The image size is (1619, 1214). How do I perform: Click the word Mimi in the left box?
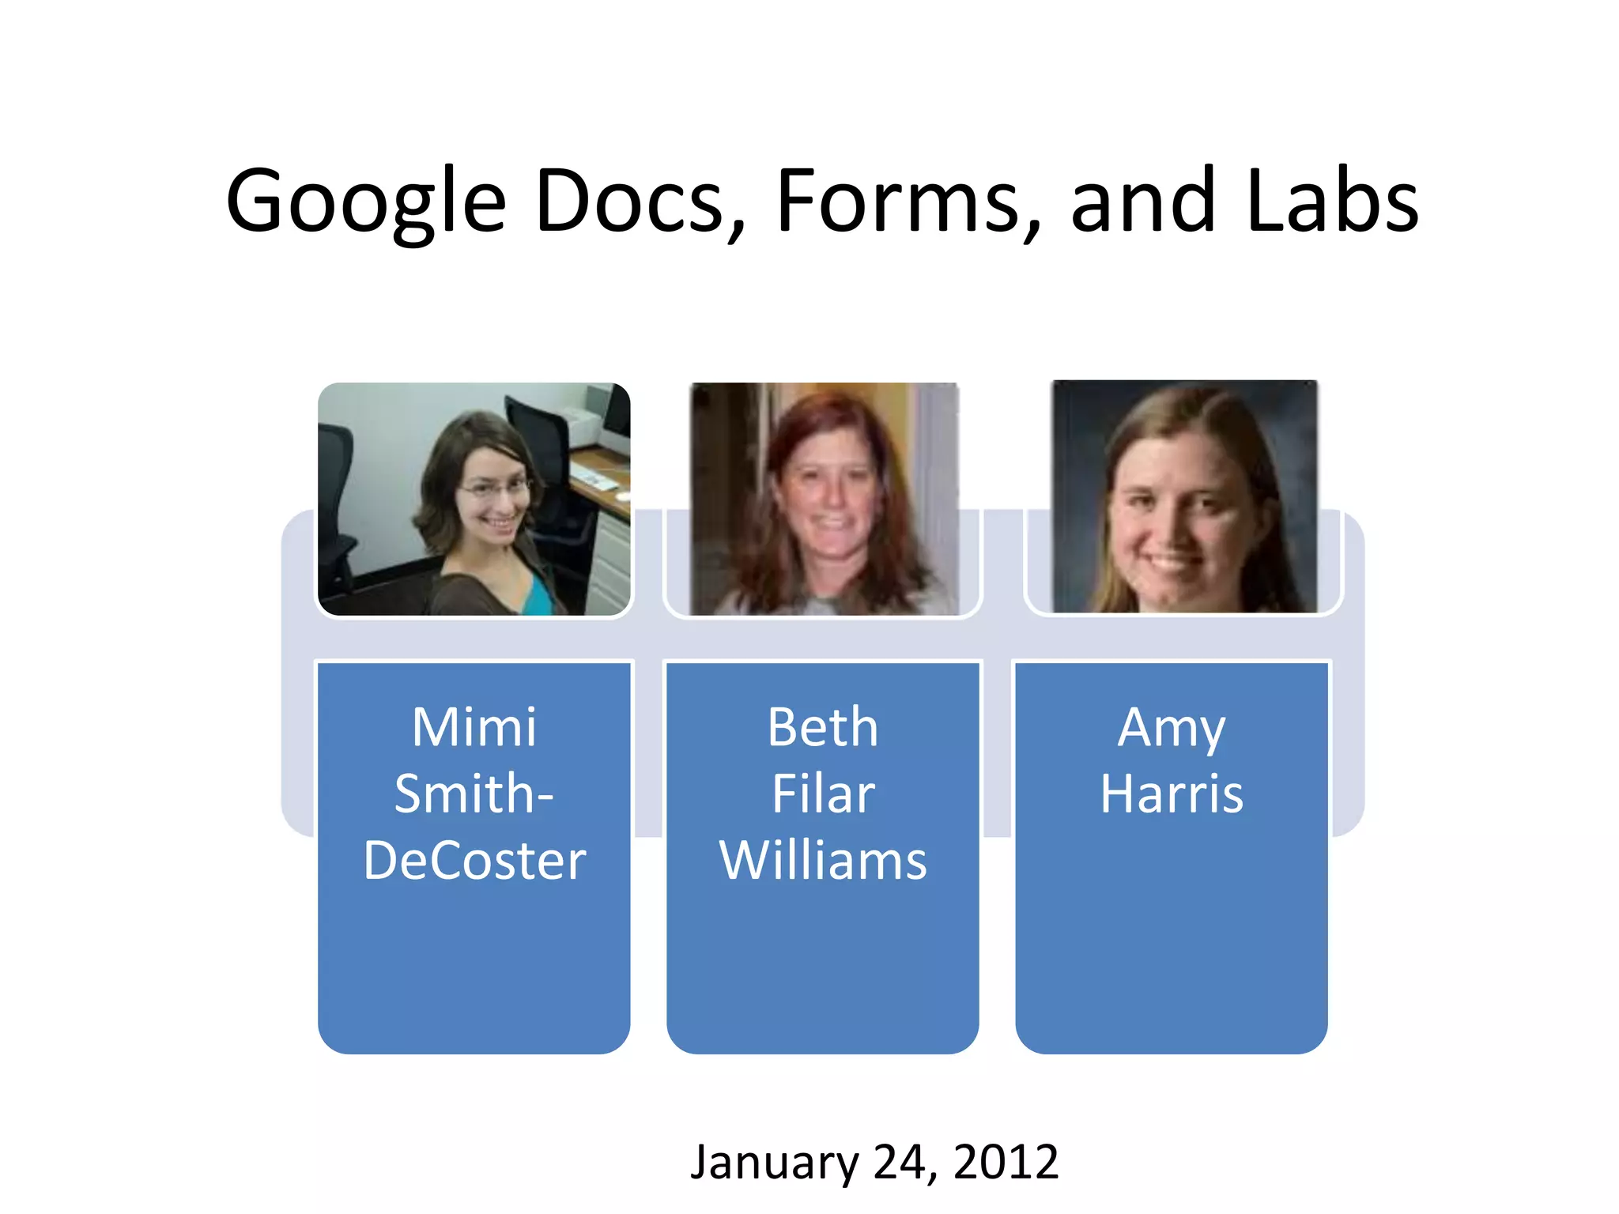coord(474,727)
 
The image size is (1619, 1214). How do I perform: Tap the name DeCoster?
coord(474,860)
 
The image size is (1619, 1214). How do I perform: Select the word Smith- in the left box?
coord(474,794)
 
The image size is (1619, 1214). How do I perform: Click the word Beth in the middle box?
coord(822,727)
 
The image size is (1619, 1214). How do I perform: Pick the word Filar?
coord(823,794)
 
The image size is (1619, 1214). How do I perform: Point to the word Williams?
coord(823,860)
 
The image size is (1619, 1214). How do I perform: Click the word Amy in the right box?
coord(1172,729)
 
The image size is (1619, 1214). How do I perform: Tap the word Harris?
coord(1172,794)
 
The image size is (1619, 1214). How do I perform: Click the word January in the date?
coord(774,1163)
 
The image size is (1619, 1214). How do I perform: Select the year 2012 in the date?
coord(1006,1161)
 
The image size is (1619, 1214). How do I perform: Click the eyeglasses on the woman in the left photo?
coord(494,488)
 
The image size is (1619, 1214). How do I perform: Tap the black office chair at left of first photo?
coord(336,506)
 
